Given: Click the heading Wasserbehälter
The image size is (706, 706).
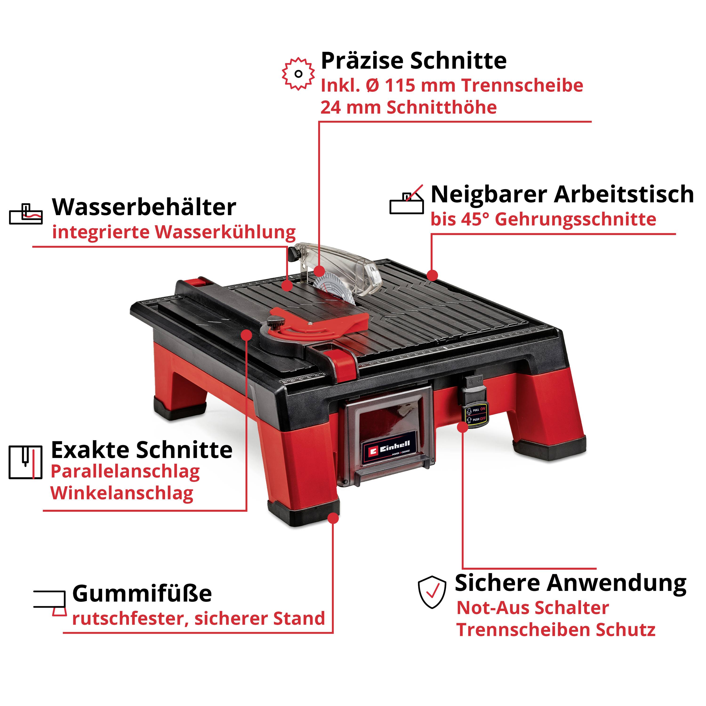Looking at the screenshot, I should (x=144, y=207).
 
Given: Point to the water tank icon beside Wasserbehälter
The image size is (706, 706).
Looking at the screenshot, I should (x=26, y=214).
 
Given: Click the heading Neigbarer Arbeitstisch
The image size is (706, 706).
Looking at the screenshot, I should (x=562, y=194).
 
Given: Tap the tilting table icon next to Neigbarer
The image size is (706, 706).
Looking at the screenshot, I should (x=406, y=200).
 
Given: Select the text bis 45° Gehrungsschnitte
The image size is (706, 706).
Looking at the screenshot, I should (x=543, y=219).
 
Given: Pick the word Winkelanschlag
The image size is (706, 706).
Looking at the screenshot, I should (x=122, y=493).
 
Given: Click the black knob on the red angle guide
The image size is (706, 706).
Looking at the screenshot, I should (x=275, y=323).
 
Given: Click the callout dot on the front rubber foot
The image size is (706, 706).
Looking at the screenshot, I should (x=333, y=518).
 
